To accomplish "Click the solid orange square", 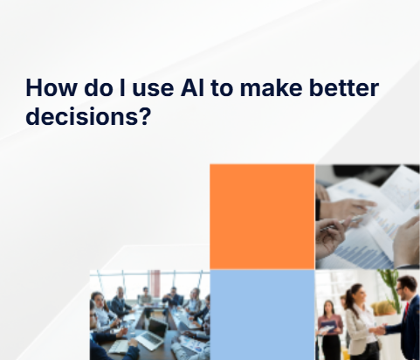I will point(261,216).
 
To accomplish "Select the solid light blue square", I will point(261,315).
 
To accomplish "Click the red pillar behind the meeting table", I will point(155,283).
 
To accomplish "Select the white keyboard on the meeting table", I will point(119,345).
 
